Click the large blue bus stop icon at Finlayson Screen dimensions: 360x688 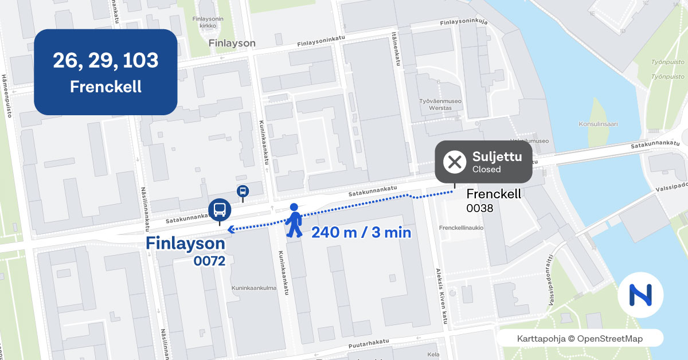coord(219,209)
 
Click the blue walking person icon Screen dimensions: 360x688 coord(295,220)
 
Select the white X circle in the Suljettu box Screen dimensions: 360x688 coord(455,162)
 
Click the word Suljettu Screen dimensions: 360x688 coord(493,156)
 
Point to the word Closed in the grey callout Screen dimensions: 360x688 coord(486,170)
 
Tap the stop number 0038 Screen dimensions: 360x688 coord(480,208)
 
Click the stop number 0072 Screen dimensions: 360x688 coord(209,261)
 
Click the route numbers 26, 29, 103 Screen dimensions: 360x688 coord(105,60)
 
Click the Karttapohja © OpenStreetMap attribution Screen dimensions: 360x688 coord(580,338)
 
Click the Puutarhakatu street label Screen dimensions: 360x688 coord(369,344)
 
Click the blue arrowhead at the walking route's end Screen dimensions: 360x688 coord(230,230)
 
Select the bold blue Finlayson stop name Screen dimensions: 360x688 coord(185,244)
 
